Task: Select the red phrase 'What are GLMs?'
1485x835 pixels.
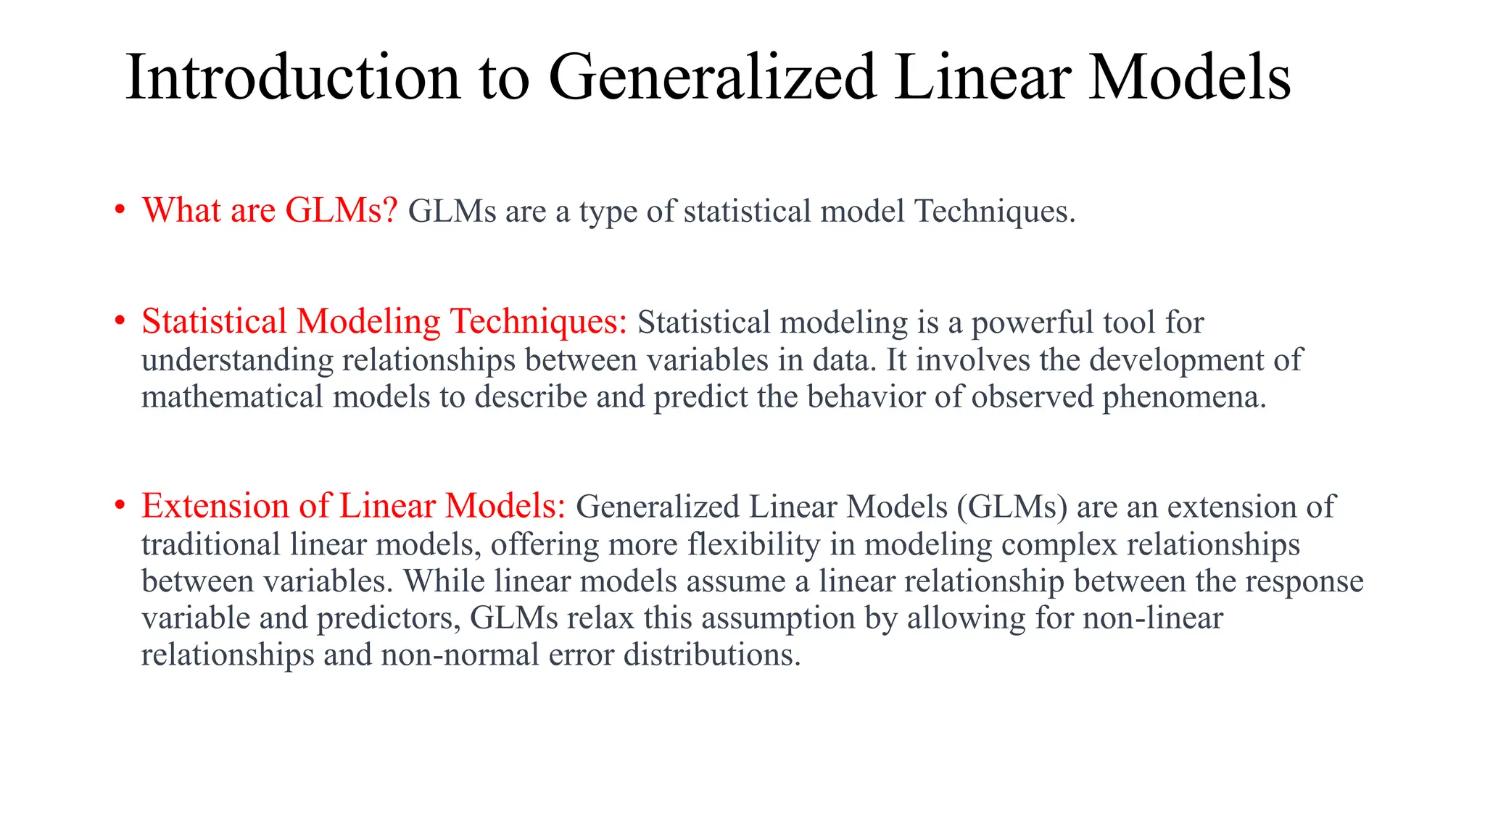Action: pyautogui.click(x=270, y=210)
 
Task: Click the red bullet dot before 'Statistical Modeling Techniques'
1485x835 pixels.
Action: pyautogui.click(x=120, y=322)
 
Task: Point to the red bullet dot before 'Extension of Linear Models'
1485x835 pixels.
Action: pyautogui.click(x=120, y=506)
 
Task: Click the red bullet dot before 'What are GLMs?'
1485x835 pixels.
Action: pyautogui.click(x=120, y=211)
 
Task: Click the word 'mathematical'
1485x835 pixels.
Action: pyautogui.click(x=232, y=396)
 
